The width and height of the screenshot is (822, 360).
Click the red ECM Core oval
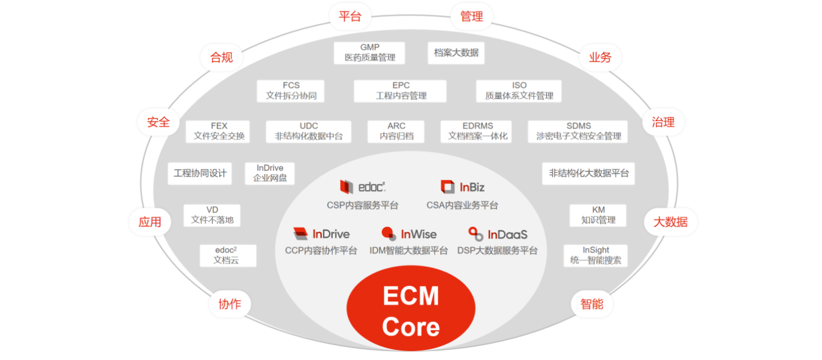point(411,311)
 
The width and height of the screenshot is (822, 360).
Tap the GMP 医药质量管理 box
point(369,53)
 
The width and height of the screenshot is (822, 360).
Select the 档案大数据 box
point(456,53)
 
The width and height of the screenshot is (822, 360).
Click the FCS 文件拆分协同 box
point(291,91)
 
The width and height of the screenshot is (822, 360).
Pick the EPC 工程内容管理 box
point(400,91)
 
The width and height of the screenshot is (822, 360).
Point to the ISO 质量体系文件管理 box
point(519,91)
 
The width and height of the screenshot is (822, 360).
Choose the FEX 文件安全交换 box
point(219,131)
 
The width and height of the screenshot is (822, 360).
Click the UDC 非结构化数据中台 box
point(308,131)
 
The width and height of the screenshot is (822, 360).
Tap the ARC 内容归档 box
point(396,131)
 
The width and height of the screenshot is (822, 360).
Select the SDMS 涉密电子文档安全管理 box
point(578,131)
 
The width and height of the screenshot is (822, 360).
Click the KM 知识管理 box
point(598,215)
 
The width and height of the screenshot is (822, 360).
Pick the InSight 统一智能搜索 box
point(595,255)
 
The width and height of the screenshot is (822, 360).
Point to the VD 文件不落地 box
point(212,215)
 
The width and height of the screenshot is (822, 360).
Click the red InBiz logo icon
point(447,187)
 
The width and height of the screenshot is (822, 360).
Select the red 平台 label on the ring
point(350,17)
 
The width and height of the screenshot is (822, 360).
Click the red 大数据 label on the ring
point(671,222)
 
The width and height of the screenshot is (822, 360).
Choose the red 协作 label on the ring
point(230,304)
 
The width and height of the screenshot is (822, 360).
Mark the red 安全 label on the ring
point(159,122)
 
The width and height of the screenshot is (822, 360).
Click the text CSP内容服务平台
point(362,206)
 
